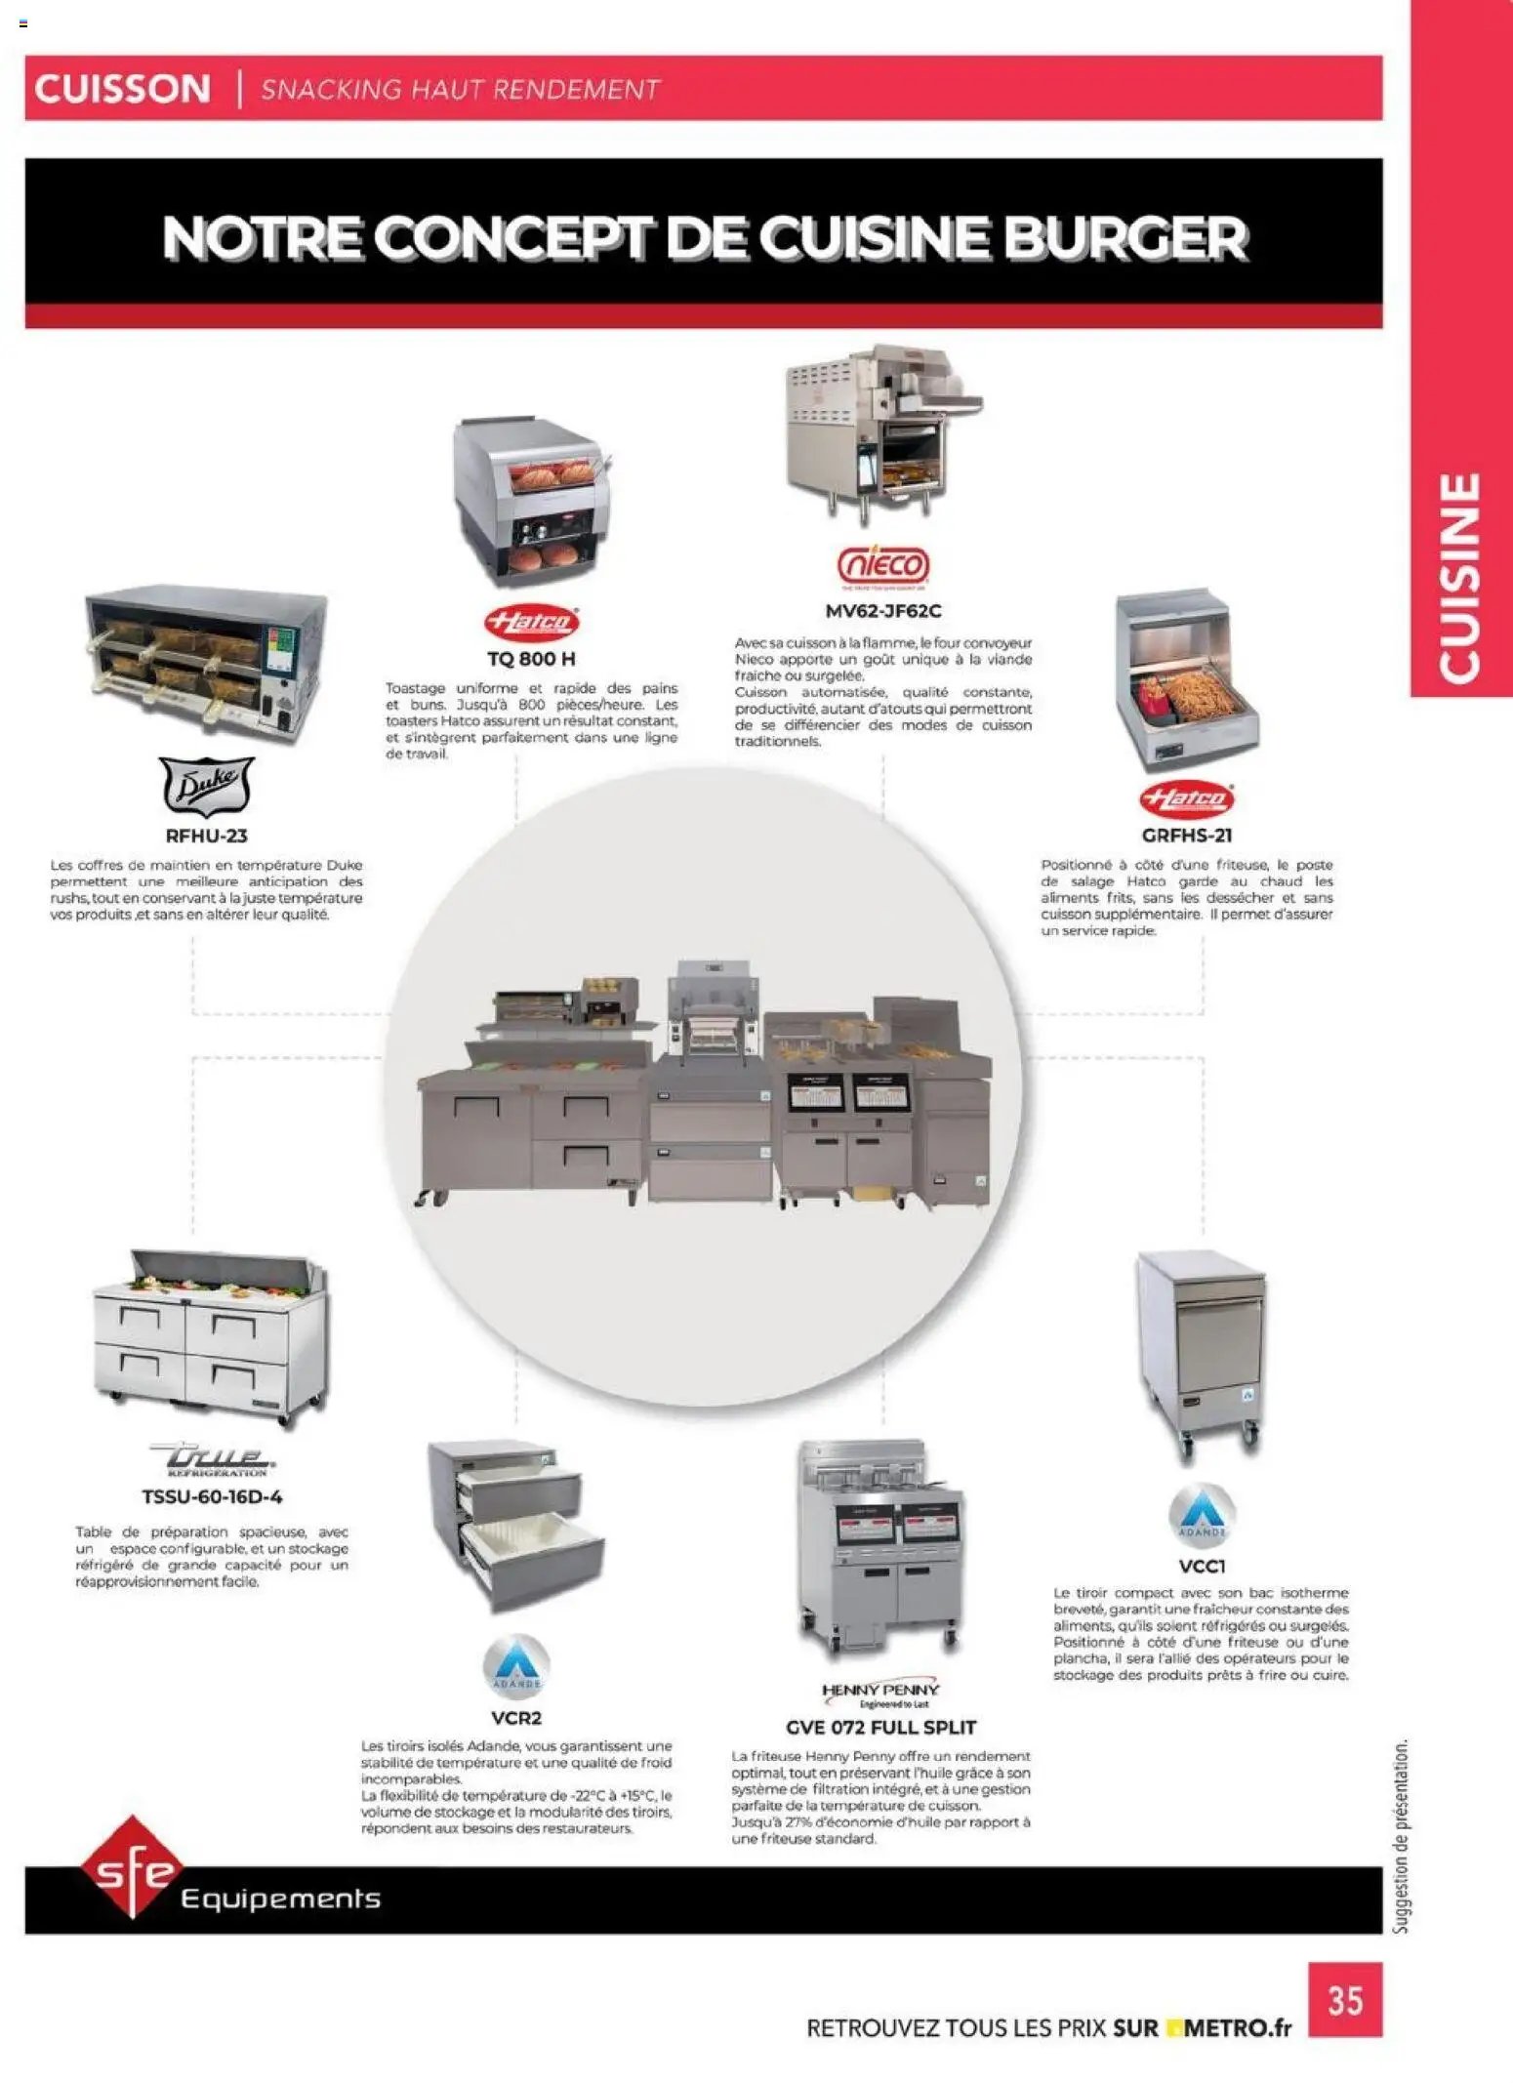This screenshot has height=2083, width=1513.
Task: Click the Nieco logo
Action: point(883,566)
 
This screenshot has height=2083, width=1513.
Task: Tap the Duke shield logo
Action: point(206,786)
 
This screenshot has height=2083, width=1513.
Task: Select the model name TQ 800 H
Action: point(531,659)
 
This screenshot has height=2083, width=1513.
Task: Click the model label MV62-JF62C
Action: point(883,611)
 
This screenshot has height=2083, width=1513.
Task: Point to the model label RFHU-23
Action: point(206,836)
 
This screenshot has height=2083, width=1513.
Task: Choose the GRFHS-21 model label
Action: point(1186,836)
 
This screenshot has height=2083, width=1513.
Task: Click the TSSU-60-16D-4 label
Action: point(212,1496)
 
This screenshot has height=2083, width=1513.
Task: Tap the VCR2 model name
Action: point(516,1718)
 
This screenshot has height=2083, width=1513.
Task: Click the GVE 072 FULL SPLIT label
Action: point(880,1727)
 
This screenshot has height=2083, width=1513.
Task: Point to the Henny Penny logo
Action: point(880,1693)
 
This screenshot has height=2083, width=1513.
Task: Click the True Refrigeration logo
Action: point(212,1460)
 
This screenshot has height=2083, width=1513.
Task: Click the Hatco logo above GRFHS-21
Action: point(1186,799)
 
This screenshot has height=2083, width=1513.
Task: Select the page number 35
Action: point(1344,2000)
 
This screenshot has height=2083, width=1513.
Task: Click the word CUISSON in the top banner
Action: point(122,89)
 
